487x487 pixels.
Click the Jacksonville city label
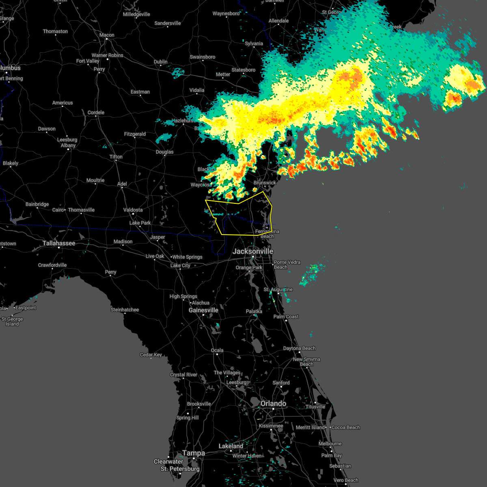point(252,251)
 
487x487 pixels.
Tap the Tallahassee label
point(59,243)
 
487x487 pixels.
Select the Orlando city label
point(273,403)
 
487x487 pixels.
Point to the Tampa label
point(194,453)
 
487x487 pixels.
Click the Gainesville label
point(203,310)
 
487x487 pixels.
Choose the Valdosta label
point(133,210)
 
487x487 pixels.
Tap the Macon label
point(107,35)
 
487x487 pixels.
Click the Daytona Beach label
point(299,348)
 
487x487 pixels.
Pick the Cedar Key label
point(151,355)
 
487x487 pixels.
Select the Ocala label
point(217,350)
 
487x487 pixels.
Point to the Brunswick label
point(265,183)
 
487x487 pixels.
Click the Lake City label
point(180,265)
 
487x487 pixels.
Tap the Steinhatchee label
point(125,310)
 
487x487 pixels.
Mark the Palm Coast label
point(286,317)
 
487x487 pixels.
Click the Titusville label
point(315,407)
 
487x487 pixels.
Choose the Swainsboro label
point(203,57)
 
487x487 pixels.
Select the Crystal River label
point(183,375)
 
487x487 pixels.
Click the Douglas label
point(164,152)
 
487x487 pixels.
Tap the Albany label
point(68,145)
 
